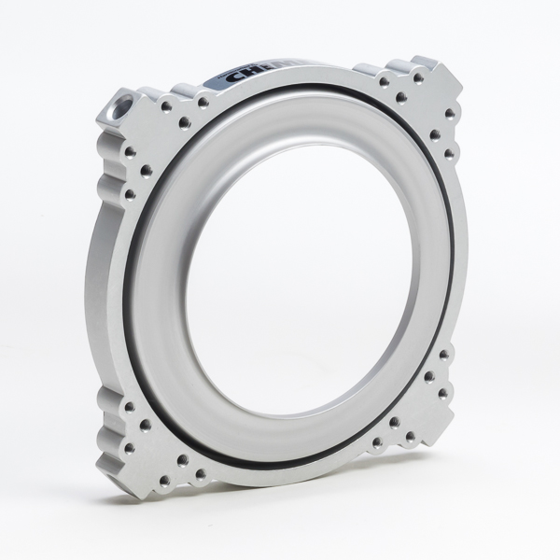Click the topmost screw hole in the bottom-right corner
pyautogui.click(x=443, y=355)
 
